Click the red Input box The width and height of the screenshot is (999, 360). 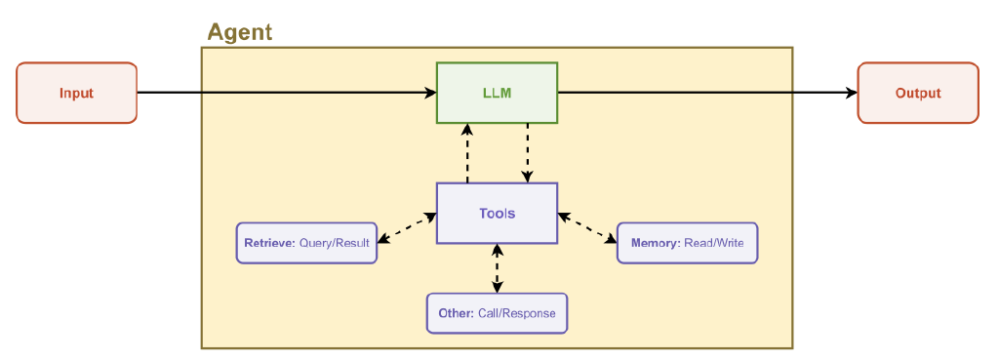76,93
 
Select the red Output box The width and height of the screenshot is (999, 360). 917,93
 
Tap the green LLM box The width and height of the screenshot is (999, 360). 497,93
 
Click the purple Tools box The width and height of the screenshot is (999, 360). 497,213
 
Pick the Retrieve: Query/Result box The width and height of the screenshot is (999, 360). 306,243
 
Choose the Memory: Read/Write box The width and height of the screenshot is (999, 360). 687,243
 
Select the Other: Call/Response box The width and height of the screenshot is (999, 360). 497,313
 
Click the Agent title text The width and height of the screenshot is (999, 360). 239,32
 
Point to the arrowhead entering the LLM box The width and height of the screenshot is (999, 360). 430,93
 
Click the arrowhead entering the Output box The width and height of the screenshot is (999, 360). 852,93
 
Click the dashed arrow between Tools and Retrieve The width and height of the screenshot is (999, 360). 407,227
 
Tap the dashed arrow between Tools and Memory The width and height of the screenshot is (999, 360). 587,227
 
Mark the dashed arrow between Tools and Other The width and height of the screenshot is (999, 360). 498,268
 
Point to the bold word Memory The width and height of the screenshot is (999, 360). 655,243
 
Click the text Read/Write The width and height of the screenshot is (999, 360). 715,243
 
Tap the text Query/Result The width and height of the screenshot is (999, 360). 335,243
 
